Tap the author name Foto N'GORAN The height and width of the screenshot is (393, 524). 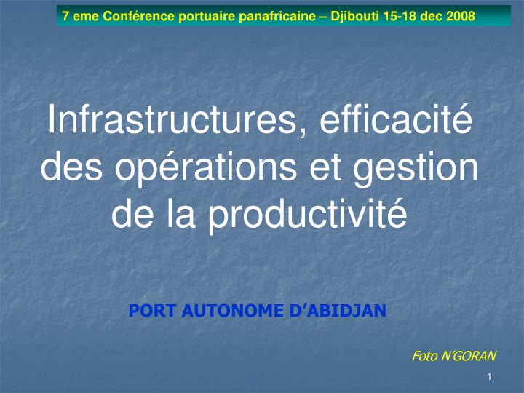tap(453, 356)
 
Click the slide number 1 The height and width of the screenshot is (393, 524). tap(491, 376)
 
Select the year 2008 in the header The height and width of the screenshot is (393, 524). tap(461, 15)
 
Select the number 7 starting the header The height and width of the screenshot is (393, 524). tap(65, 15)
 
